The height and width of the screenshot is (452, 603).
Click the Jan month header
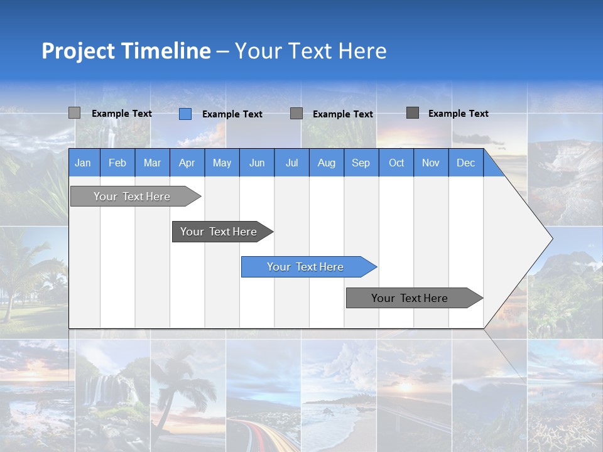(83, 163)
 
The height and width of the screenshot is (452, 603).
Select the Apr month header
(187, 163)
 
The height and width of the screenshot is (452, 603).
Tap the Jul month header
(291, 163)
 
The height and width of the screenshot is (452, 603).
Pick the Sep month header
(361, 163)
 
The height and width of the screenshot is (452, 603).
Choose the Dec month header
(465, 163)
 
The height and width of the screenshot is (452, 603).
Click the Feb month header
(117, 163)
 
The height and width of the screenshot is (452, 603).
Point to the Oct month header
(396, 163)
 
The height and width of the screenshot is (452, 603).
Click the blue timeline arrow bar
(308, 267)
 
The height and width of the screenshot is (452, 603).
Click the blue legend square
(185, 114)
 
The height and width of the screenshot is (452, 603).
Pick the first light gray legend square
(74, 113)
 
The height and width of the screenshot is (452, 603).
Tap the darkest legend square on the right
(413, 113)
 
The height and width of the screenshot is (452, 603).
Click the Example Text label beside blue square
(232, 114)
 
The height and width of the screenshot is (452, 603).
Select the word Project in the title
(79, 51)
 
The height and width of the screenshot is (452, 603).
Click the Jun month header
(257, 163)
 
